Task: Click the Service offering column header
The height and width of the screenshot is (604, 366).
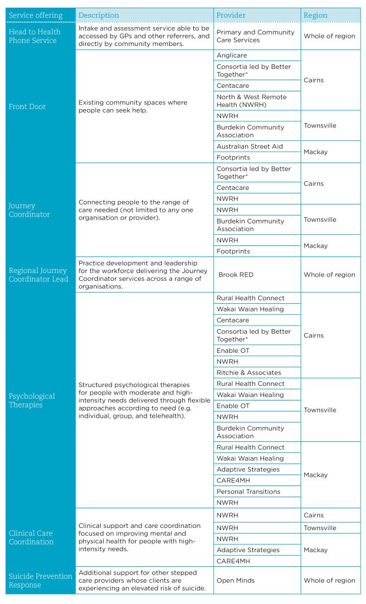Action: [35, 15]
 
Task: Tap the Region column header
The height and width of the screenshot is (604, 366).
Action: [316, 15]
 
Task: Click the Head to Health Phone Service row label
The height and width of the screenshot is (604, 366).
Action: [35, 36]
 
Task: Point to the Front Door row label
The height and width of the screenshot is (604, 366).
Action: [27, 107]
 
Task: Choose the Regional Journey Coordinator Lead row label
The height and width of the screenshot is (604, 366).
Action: [38, 275]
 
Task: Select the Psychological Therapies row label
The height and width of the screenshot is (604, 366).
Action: [32, 401]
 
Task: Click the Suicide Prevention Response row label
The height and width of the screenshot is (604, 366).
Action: [40, 580]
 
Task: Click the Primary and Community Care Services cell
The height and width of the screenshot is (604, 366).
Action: [255, 36]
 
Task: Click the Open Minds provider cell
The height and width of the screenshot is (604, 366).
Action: [236, 580]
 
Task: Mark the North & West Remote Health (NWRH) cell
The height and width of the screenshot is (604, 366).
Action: [251, 101]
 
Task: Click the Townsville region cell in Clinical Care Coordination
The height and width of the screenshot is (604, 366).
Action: [320, 528]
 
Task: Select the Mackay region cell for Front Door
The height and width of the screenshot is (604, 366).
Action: [315, 152]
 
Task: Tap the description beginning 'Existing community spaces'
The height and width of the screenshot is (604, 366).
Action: [133, 107]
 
